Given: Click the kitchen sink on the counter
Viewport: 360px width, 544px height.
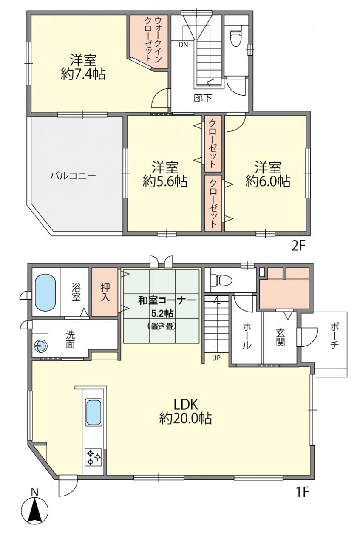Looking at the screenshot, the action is (94, 412).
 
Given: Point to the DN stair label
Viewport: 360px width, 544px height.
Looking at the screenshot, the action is (184, 45).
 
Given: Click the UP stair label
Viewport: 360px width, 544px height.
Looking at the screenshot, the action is (216, 358).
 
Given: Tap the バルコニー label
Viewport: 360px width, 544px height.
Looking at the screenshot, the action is (73, 176).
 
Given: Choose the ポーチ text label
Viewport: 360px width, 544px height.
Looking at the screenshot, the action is (334, 336).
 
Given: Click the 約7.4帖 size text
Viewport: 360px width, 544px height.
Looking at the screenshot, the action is (83, 74).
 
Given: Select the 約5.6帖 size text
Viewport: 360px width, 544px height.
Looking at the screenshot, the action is (165, 181).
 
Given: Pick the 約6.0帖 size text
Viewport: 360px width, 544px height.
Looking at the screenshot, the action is (268, 181).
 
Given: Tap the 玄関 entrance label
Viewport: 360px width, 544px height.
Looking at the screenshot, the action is (280, 337).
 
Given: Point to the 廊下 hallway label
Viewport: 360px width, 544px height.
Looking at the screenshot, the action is (203, 98).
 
